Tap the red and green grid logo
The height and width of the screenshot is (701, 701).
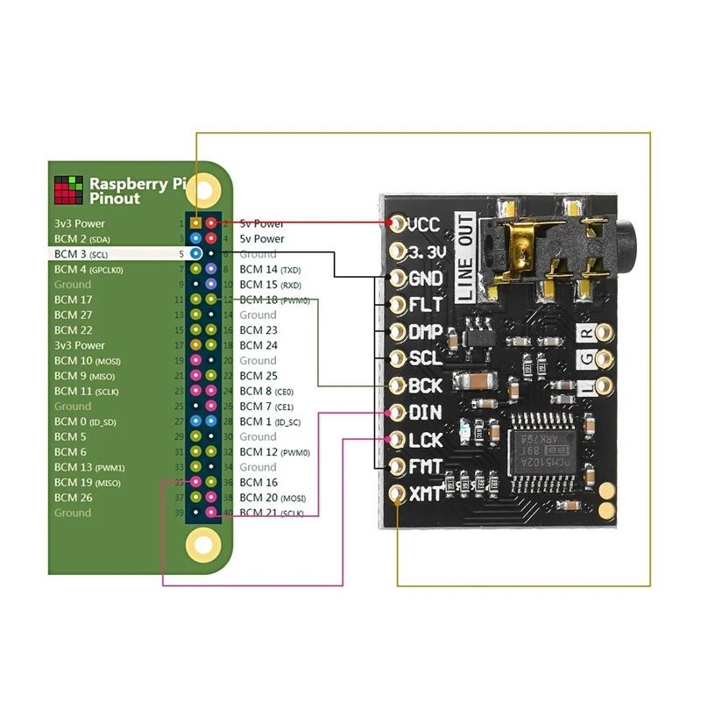pos(68,190)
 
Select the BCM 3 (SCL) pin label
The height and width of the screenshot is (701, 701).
pos(81,254)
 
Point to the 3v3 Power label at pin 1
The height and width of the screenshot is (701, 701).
pos(79,223)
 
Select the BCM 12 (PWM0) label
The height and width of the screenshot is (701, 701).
pos(274,452)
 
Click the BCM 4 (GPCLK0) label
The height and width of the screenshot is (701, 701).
pos(89,270)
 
